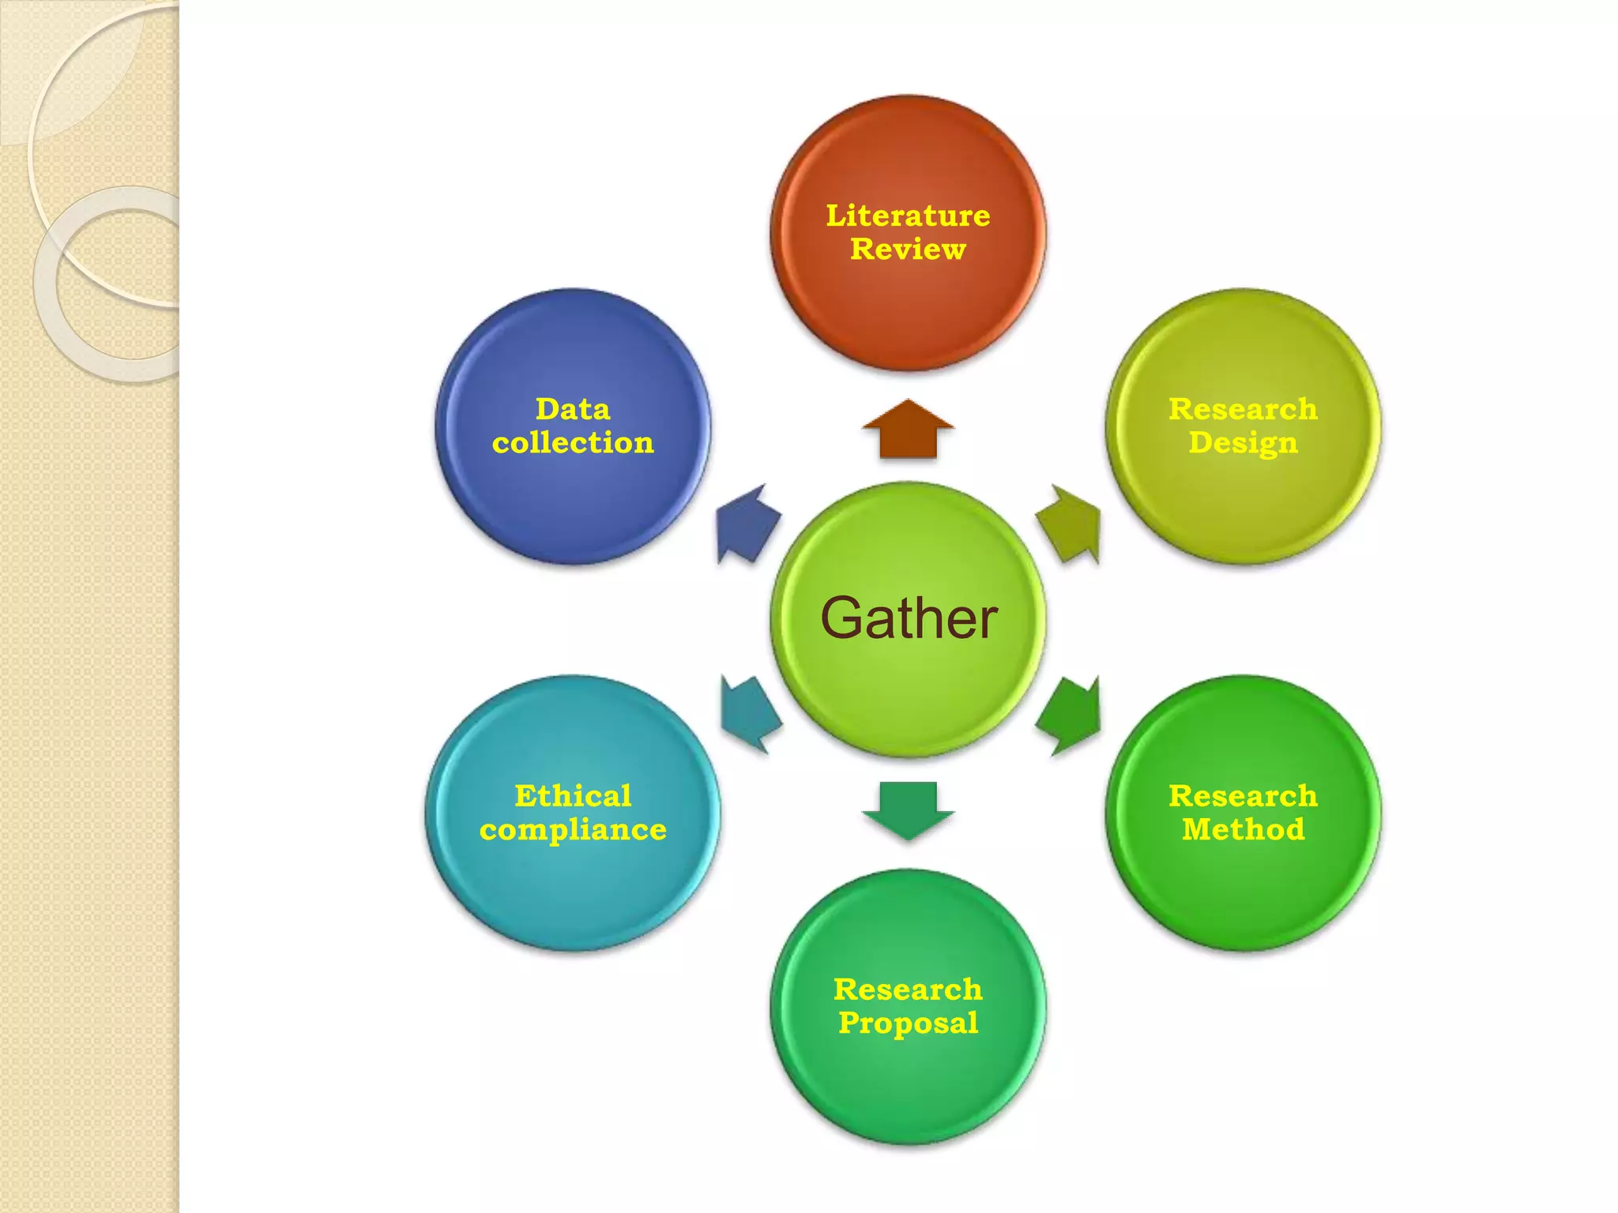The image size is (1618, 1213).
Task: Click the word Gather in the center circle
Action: coord(909,618)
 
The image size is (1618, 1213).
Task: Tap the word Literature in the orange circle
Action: coord(908,216)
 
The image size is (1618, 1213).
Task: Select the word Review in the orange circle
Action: coord(908,250)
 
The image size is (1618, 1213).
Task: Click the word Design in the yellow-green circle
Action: coord(1243,443)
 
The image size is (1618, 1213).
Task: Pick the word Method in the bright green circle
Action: coord(1243,829)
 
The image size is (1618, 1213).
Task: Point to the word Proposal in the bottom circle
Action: coord(908,1023)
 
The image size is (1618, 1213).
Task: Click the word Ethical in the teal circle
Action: coord(573,795)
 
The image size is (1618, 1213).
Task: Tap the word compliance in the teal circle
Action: coord(573,830)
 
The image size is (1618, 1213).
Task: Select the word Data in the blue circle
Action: coord(573,409)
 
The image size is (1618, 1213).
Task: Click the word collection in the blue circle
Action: coord(573,443)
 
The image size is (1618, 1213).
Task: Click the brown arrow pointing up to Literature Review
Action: coord(908,430)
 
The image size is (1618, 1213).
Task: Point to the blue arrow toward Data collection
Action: coord(747,524)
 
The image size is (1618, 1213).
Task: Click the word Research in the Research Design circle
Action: coord(1243,409)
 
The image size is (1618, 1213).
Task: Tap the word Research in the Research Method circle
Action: coord(1243,795)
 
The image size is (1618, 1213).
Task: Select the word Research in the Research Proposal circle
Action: coord(908,990)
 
